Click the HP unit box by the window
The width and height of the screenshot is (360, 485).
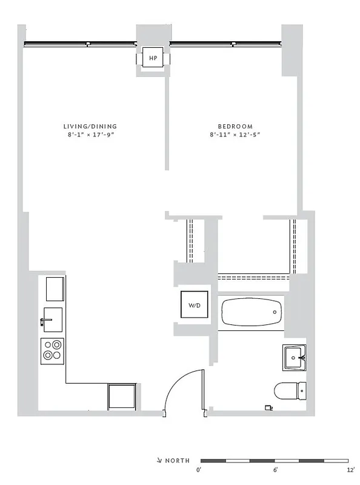[153, 58]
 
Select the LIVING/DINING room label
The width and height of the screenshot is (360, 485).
[90, 126]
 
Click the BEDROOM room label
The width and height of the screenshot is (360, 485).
[235, 126]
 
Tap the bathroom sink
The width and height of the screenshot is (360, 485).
[295, 358]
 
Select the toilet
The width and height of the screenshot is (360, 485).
[290, 391]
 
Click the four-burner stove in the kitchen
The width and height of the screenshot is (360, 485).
[52, 351]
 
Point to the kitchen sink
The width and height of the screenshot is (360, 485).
[52, 319]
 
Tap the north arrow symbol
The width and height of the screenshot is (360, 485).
[159, 461]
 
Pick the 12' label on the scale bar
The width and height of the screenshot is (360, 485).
[350, 470]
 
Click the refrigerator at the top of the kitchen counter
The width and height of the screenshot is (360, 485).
[55, 289]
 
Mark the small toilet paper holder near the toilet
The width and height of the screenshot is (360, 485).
[268, 408]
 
